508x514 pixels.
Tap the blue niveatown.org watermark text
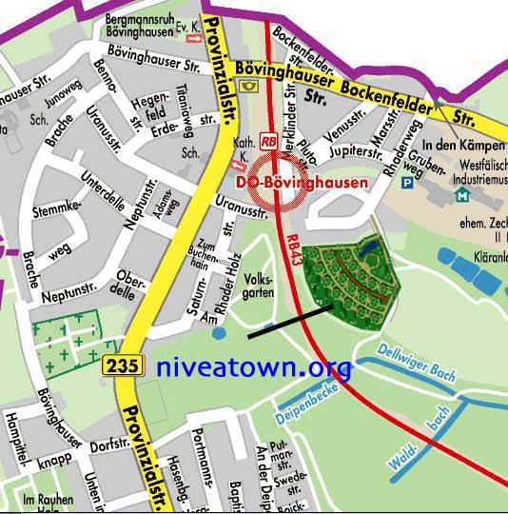click(x=253, y=367)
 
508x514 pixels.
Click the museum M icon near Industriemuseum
click(x=462, y=194)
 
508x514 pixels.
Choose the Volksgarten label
click(x=260, y=286)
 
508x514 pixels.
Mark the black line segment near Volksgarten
click(x=289, y=321)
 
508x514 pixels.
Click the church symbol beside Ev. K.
click(x=194, y=38)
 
